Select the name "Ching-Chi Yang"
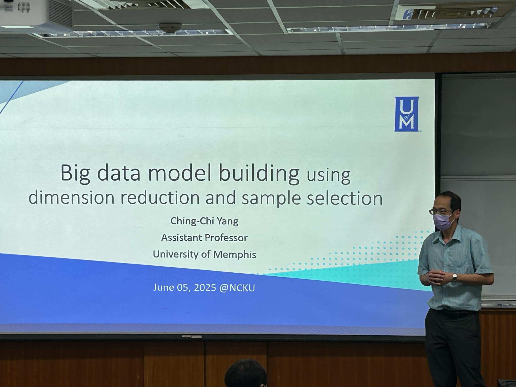pos(204,221)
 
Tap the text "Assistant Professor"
pos(204,238)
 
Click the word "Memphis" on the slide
pos(235,254)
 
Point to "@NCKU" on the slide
pos(237,288)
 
